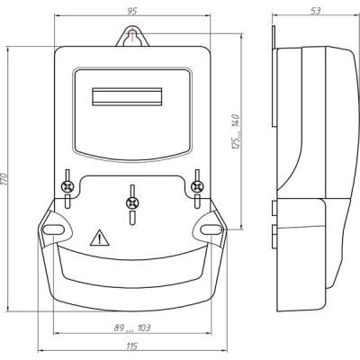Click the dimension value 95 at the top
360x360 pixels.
(x=132, y=11)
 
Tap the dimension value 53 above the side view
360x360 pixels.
(x=316, y=11)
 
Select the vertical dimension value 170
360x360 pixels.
(x=4, y=179)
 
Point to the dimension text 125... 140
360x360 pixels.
(x=237, y=131)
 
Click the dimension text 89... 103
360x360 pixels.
(x=132, y=328)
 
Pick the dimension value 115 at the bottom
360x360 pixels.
(x=131, y=346)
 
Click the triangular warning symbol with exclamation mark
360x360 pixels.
(x=99, y=238)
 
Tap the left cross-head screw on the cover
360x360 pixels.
(x=67, y=187)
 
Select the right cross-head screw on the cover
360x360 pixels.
(x=197, y=187)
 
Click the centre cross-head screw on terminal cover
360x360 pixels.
(x=132, y=203)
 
